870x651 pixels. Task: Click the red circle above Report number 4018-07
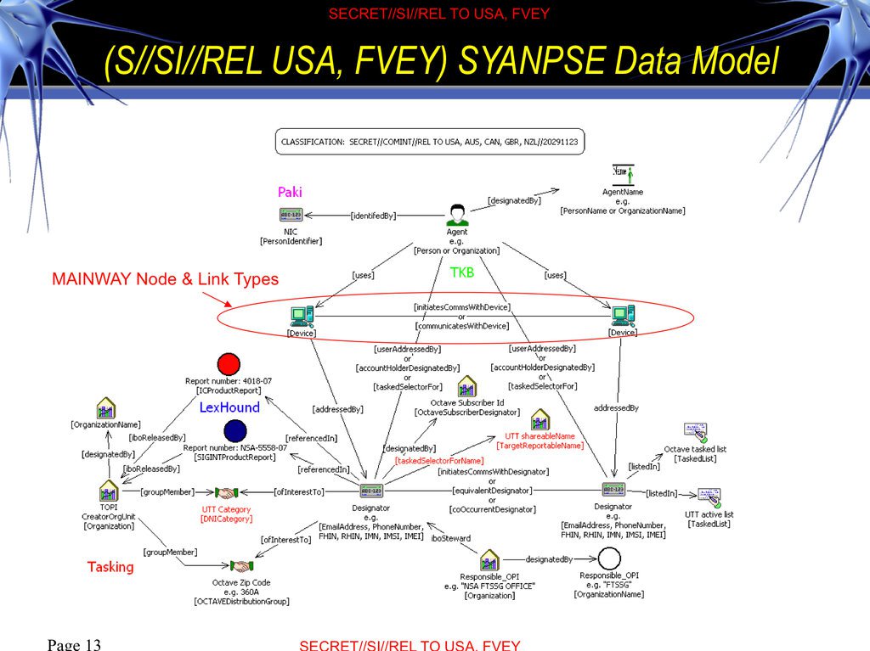228,365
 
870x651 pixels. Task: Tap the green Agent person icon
457,215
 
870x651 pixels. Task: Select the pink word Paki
290,193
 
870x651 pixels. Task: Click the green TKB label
462,272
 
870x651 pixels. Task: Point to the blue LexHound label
229,407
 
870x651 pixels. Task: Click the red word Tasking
110,566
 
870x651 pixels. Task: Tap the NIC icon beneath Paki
291,216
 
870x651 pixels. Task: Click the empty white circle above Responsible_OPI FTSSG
609,559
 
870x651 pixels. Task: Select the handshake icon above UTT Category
226,492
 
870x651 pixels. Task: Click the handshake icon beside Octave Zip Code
242,565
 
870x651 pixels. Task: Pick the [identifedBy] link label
373,216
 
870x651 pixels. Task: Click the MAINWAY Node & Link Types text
165,279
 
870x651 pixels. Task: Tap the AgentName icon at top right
623,175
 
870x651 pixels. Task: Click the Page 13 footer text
75,644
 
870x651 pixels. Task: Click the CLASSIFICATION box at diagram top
429,142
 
